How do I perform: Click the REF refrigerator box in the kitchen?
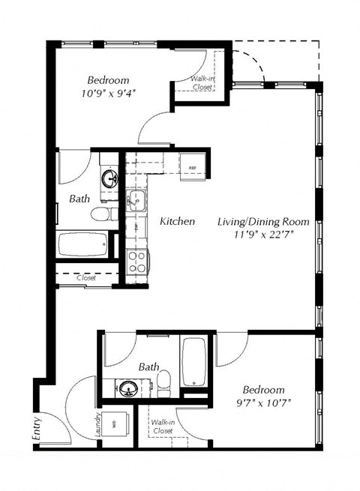192,167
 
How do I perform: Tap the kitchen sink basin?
136,199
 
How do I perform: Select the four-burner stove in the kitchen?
137,262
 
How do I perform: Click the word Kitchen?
178,222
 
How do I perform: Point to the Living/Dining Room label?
256,222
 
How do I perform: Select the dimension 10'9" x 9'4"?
108,93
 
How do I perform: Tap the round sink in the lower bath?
128,390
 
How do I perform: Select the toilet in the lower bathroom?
164,382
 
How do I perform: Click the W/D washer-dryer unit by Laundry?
115,424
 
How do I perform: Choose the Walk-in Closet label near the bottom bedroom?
162,427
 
